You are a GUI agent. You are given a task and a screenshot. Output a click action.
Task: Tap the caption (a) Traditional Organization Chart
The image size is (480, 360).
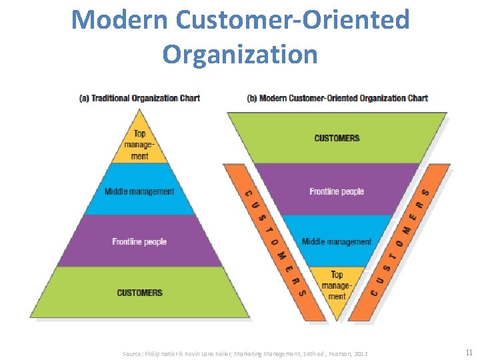click(139, 98)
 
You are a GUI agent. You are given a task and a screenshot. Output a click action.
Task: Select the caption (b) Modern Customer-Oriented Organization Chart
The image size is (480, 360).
click(337, 98)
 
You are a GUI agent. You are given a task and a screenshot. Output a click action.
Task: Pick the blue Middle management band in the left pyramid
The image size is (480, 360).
click(139, 191)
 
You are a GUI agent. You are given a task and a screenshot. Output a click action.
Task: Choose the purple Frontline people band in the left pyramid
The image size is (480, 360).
click(139, 241)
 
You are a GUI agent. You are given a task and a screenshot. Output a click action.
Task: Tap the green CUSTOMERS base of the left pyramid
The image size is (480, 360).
click(139, 293)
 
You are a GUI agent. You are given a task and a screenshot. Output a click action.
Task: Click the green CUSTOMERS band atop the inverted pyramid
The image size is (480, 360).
click(337, 138)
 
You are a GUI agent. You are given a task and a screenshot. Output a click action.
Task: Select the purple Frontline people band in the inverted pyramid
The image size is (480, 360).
click(337, 191)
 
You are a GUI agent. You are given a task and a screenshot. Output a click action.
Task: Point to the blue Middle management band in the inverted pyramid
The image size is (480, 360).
click(337, 241)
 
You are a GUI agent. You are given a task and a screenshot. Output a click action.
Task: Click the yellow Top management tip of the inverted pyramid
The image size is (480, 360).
click(337, 285)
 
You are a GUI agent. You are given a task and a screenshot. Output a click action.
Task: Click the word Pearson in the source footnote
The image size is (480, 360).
click(339, 353)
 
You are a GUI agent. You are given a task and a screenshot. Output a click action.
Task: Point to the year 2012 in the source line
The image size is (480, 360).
click(360, 353)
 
